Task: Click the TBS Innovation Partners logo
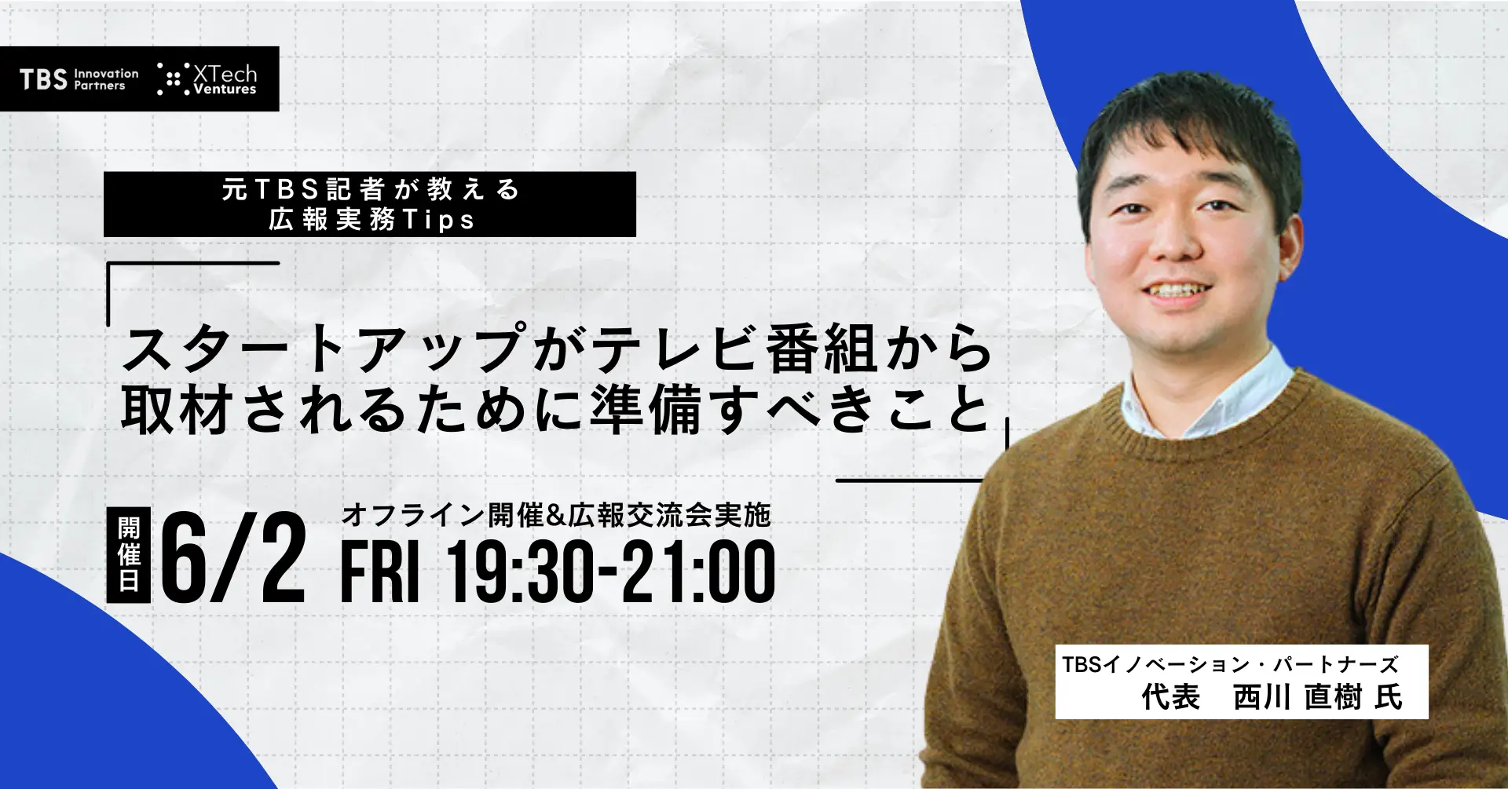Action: pos(79,79)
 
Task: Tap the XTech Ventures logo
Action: pos(207,79)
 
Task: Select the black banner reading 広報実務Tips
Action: pos(370,204)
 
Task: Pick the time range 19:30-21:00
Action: pos(611,572)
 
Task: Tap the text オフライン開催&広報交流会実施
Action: pos(556,515)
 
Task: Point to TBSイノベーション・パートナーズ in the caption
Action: pos(1230,665)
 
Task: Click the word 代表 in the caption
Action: pos(1170,696)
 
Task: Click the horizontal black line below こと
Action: pos(910,480)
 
